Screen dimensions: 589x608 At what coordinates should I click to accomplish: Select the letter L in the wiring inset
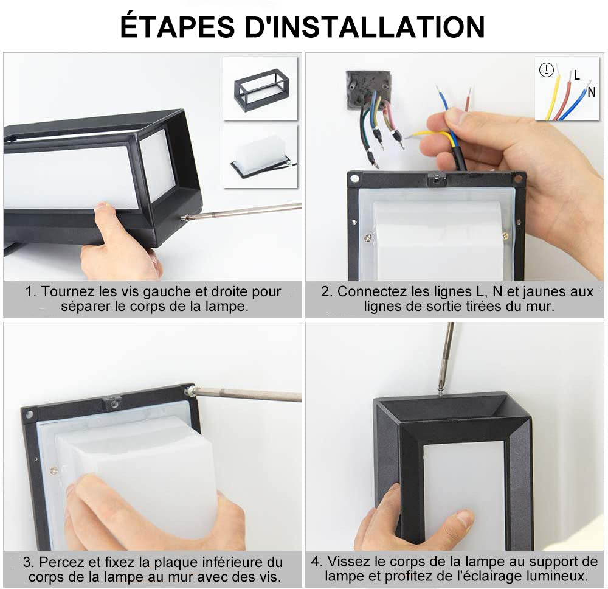[576, 75]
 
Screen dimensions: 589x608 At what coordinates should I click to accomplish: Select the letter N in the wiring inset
[591, 92]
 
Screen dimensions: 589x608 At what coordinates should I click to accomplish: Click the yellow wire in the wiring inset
[553, 97]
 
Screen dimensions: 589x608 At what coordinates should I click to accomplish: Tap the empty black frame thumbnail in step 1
[260, 89]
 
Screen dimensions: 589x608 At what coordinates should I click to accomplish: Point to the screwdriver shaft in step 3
[249, 394]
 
